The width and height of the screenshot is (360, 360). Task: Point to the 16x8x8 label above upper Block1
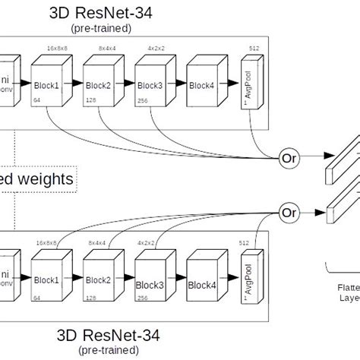(x=57, y=48)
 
